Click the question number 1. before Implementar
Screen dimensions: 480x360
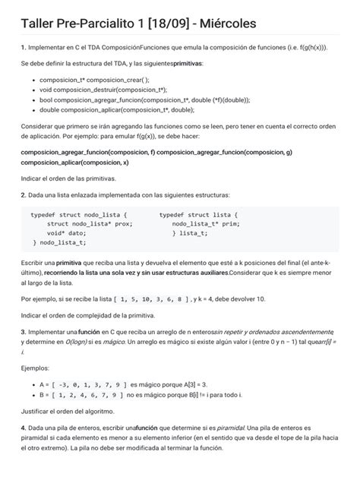tap(24, 47)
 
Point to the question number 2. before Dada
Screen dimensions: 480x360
tap(24, 195)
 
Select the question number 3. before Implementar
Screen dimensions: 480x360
tap(24, 332)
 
